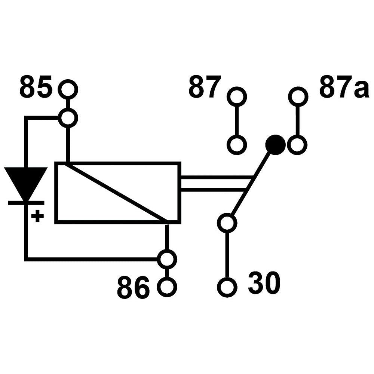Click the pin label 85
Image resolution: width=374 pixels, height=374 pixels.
point(36,87)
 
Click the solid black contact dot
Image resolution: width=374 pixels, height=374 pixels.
point(275,144)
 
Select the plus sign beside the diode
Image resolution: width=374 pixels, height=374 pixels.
point(37,216)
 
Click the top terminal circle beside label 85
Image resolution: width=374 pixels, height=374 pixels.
point(68,89)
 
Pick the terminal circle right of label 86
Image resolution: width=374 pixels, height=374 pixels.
point(167,287)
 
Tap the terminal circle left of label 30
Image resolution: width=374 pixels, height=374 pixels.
point(227,287)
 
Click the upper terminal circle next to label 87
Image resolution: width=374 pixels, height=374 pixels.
point(237,96)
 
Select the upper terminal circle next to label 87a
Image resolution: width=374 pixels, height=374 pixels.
point(298,96)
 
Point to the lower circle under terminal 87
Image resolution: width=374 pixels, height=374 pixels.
point(237,144)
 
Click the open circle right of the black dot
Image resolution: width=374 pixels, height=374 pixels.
point(298,144)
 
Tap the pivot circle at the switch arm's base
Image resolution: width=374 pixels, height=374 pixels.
point(227,223)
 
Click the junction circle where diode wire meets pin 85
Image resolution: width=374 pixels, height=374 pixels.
point(68,118)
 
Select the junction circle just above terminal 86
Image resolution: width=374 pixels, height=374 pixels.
point(167,258)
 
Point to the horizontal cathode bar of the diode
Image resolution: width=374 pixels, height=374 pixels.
point(26,203)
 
